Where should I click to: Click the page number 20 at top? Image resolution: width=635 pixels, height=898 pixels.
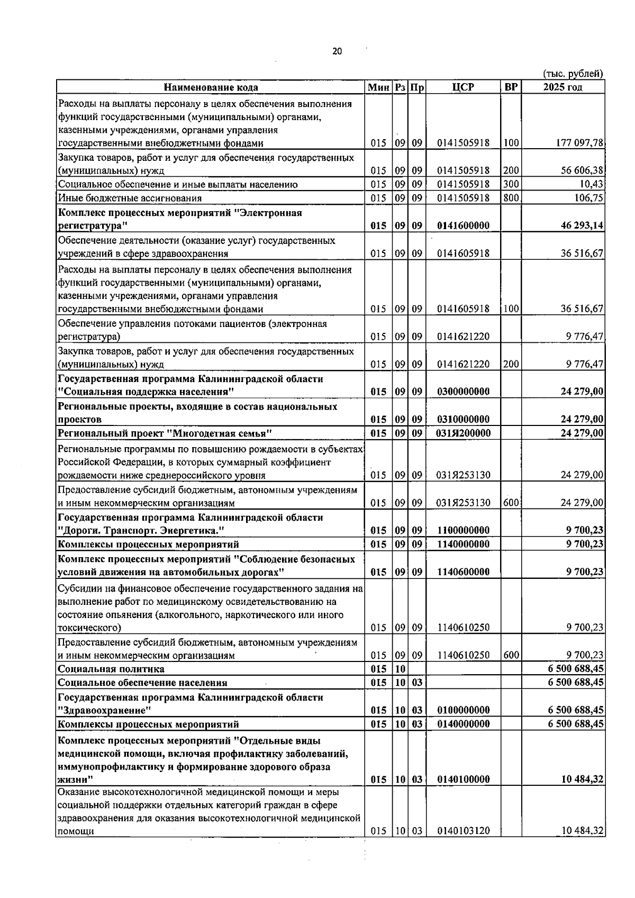337,51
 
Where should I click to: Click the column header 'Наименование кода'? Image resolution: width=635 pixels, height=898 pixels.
211,87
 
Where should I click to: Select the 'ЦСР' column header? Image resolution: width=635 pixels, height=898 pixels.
463,87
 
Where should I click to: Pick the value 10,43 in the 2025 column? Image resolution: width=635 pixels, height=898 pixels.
592,184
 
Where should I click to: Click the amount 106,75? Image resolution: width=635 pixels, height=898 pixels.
589,198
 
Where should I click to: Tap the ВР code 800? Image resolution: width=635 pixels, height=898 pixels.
511,198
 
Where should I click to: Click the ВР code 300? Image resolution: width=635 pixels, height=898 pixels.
511,184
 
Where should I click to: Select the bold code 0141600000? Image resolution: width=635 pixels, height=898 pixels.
463,225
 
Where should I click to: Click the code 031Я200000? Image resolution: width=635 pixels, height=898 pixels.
463,433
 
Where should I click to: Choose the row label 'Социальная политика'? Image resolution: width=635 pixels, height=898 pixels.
111,669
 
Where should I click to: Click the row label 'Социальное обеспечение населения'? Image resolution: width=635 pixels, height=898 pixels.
142,683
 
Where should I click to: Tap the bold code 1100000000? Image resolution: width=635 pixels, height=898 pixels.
463,530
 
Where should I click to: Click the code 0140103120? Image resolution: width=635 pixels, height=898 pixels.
463,831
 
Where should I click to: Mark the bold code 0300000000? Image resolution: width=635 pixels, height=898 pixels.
463,392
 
